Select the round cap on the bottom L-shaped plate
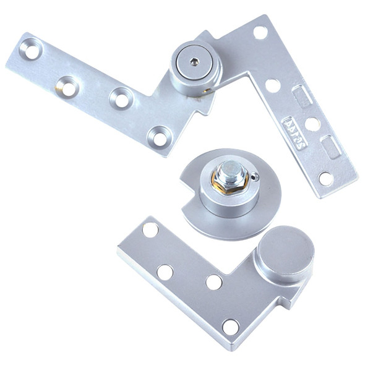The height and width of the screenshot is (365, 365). click(x=285, y=254)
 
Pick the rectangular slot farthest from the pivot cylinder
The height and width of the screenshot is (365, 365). click(x=332, y=147)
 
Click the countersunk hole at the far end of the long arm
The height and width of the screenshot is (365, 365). click(x=30, y=49)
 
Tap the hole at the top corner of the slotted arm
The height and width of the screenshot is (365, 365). click(x=260, y=32)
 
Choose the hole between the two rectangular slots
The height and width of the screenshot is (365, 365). click(x=312, y=124)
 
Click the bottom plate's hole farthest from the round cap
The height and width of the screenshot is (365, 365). click(x=150, y=230)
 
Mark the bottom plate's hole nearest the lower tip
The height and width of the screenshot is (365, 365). click(x=231, y=326)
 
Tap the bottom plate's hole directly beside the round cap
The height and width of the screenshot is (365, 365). click(x=214, y=282)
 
